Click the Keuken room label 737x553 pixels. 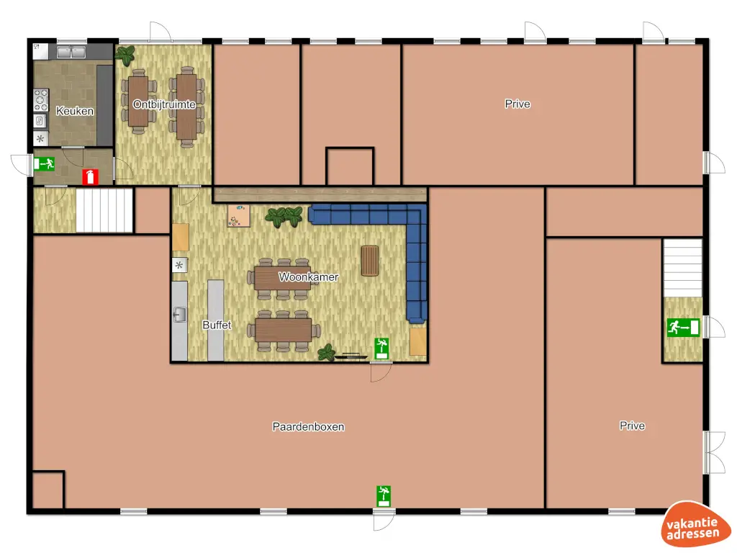click(x=75, y=111)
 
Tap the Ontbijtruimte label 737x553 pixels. click(x=164, y=104)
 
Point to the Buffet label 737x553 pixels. click(x=217, y=325)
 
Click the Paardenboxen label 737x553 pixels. click(x=308, y=426)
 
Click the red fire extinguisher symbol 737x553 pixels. click(x=90, y=176)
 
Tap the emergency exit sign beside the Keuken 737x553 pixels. click(x=45, y=164)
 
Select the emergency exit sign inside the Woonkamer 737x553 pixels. click(x=381, y=349)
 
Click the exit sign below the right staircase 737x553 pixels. click(x=683, y=328)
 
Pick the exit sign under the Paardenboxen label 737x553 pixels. click(x=384, y=495)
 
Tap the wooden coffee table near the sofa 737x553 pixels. click(x=370, y=260)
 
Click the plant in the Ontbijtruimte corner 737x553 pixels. click(x=127, y=54)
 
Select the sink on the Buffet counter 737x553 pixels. click(x=179, y=313)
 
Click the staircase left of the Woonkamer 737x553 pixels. click(x=104, y=210)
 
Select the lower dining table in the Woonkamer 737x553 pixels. click(x=283, y=331)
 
